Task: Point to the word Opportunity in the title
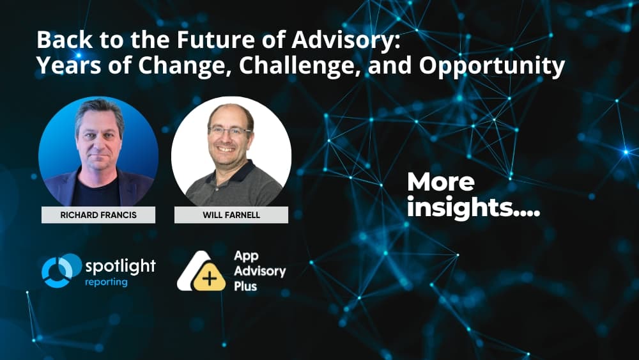pos(501,66)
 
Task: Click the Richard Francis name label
pos(98,215)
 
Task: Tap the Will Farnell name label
pos(231,215)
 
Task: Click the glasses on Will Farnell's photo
pos(229,130)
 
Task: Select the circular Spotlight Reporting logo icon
pos(59,270)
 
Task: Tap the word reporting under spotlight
pos(106,282)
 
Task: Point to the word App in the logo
pos(246,256)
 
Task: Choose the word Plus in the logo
pos(245,286)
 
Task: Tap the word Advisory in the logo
pos(259,271)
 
